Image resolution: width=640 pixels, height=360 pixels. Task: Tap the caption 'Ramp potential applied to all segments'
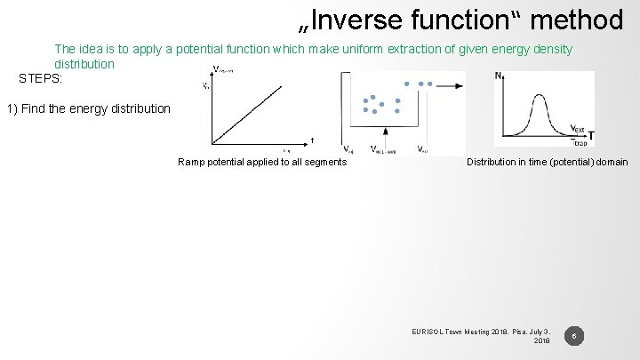(x=262, y=162)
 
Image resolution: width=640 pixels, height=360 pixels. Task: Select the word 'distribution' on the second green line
(x=84, y=65)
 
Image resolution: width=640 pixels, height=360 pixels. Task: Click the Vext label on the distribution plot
(x=577, y=127)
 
